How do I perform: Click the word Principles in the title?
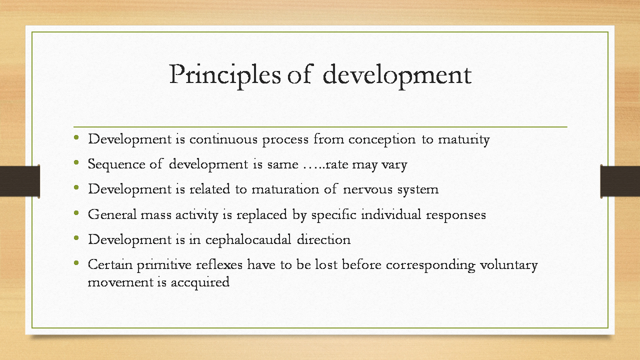click(x=225, y=75)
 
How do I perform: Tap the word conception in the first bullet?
click(x=381, y=140)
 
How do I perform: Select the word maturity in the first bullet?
click(x=463, y=140)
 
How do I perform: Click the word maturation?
click(x=285, y=189)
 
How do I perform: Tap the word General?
click(x=112, y=214)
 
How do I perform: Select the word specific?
click(x=333, y=215)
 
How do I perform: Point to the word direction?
click(x=323, y=239)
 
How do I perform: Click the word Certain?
click(x=110, y=265)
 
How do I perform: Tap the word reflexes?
click(x=219, y=264)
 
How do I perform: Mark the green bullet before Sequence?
click(x=76, y=162)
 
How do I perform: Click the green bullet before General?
click(x=76, y=213)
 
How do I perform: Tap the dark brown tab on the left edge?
click(x=19, y=181)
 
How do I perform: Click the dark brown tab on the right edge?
click(x=620, y=181)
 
